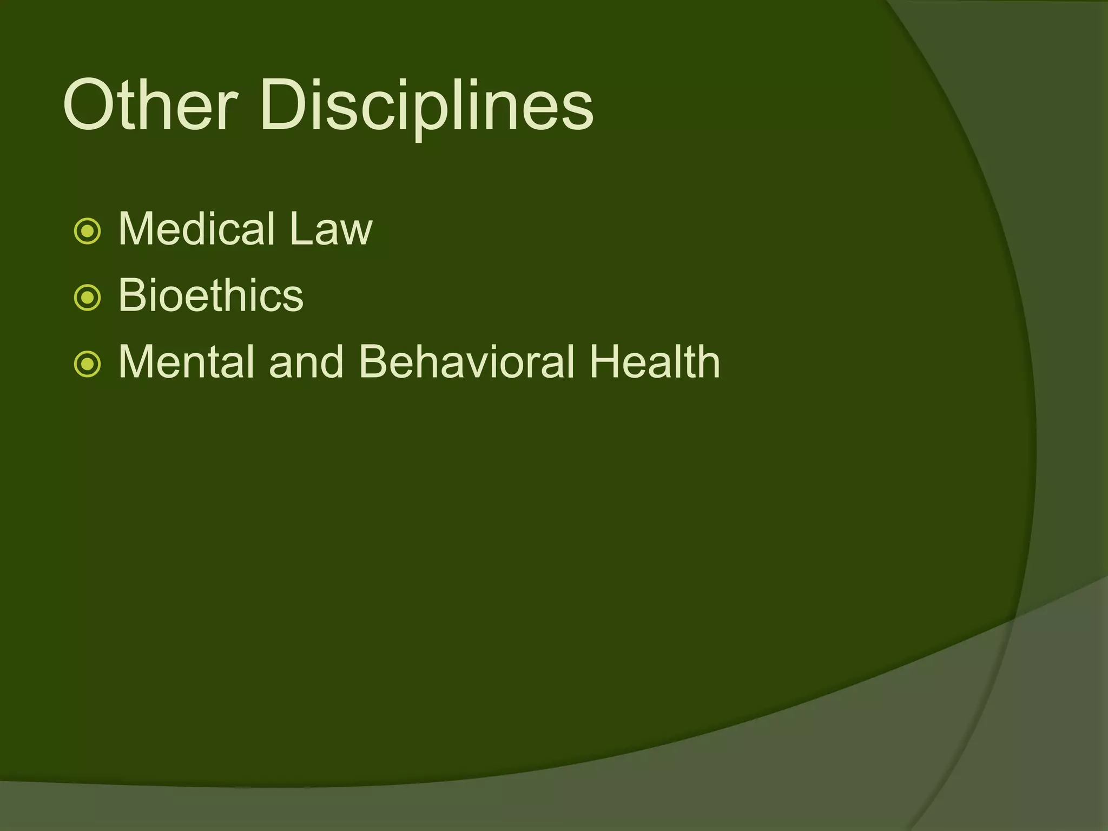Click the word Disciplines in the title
[x=426, y=106]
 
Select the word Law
[x=331, y=229]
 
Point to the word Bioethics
[x=210, y=295]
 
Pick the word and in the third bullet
[x=306, y=361]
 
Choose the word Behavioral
[x=466, y=361]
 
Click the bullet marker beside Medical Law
[x=87, y=232]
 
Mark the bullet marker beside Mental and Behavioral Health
[x=87, y=364]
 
